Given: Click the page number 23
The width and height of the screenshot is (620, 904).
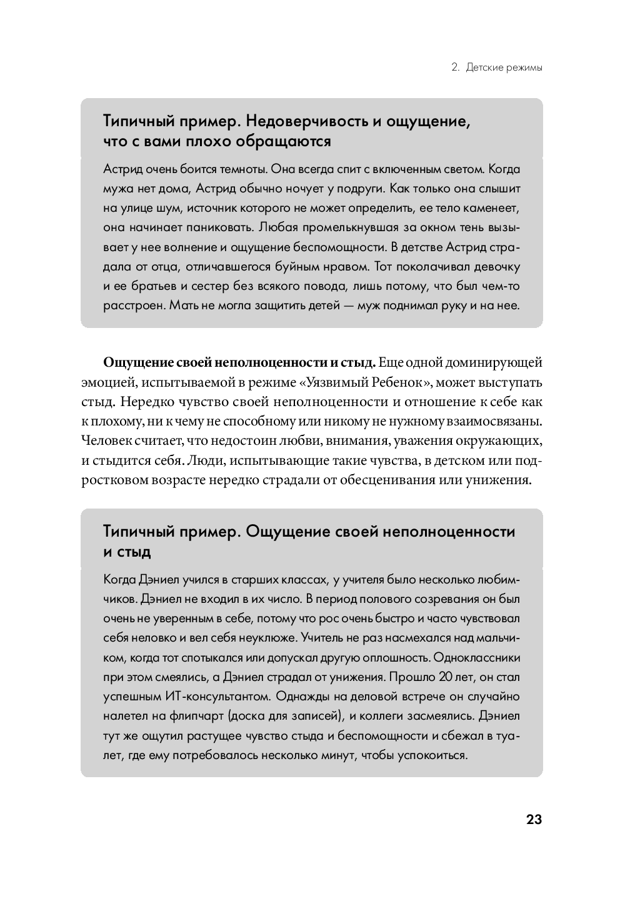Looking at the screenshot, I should [534, 820].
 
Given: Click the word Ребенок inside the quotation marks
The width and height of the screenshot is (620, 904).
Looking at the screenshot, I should [401, 382].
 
